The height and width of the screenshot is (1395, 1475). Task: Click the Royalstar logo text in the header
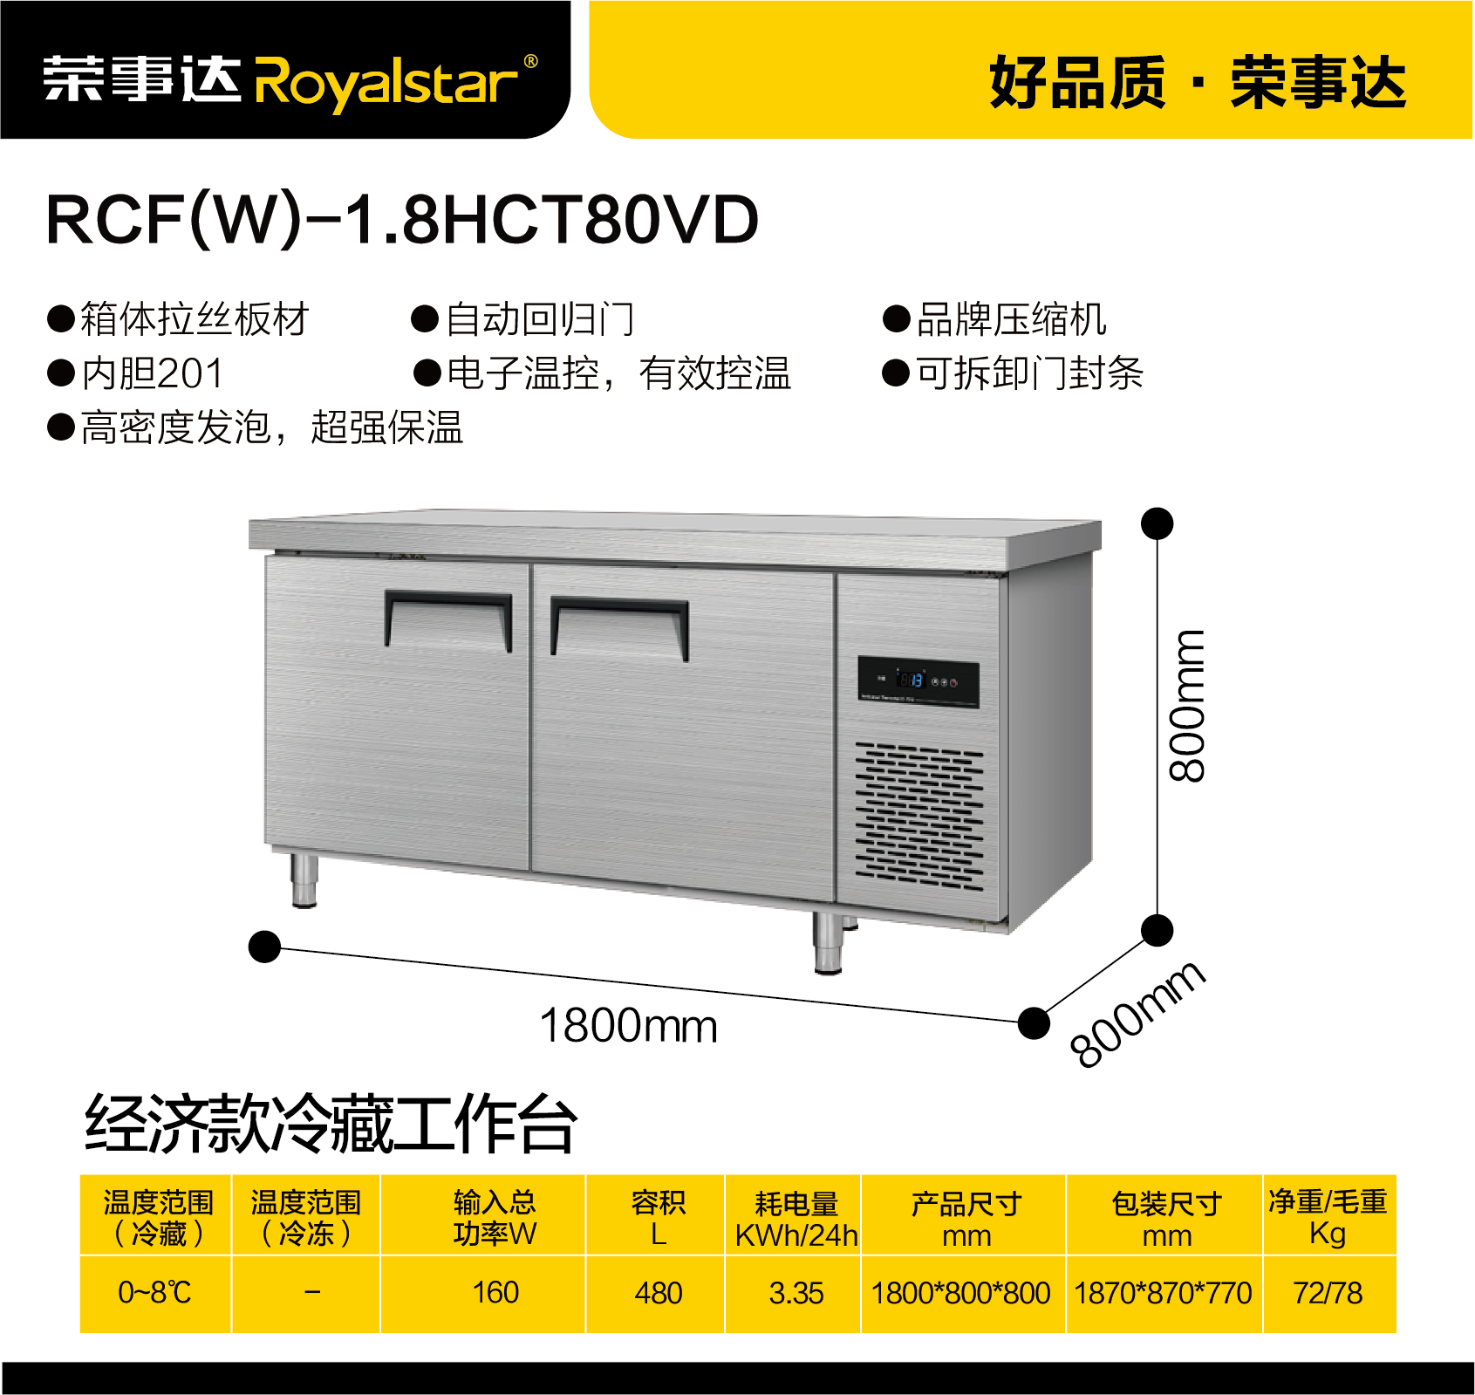tap(394, 81)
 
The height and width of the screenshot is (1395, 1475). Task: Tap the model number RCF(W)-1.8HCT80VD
tap(402, 219)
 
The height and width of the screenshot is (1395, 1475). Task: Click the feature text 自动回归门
tap(540, 319)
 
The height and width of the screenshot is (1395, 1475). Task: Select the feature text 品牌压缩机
tap(1011, 319)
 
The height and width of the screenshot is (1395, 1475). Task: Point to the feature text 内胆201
tap(153, 373)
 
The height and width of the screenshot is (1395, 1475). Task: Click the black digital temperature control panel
tap(918, 681)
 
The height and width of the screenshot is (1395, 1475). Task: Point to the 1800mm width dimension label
tap(628, 1026)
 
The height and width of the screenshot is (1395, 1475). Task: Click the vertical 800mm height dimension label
tap(1187, 705)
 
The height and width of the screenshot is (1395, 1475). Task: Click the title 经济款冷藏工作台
tap(331, 1124)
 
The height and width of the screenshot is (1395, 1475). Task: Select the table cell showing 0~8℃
tap(155, 1293)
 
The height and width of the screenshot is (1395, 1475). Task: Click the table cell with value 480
tap(658, 1293)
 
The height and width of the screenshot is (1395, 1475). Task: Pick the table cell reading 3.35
tap(796, 1293)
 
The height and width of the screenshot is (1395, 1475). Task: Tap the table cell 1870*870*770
tap(1164, 1293)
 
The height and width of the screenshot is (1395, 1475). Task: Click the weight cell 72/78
tap(1328, 1293)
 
